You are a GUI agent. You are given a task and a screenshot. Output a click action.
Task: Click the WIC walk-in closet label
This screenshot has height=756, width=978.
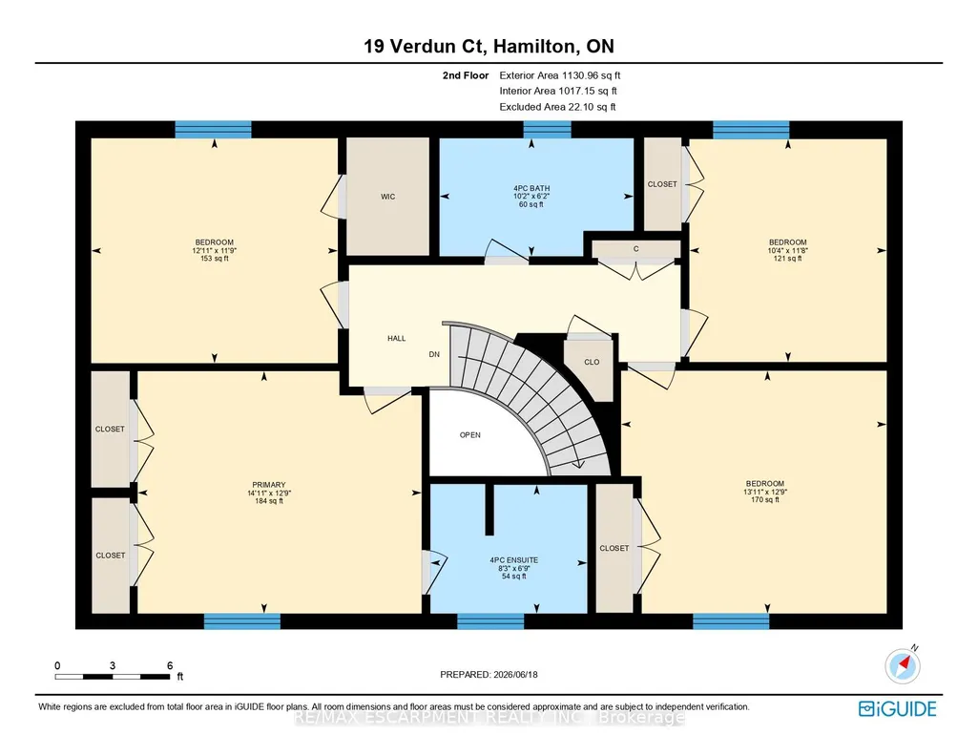click(388, 197)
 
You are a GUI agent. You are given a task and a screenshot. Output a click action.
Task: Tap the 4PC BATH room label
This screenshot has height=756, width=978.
click(531, 188)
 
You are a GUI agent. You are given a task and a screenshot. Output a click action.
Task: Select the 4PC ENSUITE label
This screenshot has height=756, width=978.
click(514, 560)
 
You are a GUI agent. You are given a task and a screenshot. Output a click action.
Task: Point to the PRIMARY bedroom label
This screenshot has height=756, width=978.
click(269, 485)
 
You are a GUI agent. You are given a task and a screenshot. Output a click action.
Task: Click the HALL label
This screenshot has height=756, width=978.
click(397, 339)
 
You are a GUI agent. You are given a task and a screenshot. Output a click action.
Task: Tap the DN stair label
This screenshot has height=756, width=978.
click(434, 354)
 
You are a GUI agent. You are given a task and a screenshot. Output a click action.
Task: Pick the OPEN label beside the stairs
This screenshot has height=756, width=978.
click(470, 435)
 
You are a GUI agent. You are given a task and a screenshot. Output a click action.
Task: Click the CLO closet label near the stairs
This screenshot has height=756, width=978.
click(592, 362)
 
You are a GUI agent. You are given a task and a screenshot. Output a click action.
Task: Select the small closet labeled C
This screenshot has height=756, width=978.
click(636, 249)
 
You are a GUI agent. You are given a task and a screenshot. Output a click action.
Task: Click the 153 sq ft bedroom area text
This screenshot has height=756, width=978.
click(215, 259)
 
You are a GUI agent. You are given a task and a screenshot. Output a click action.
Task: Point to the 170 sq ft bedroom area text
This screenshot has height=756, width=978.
click(765, 499)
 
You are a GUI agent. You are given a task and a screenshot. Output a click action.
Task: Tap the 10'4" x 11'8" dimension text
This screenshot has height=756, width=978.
click(788, 250)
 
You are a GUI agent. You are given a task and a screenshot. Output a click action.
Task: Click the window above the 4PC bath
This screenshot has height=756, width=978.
click(547, 129)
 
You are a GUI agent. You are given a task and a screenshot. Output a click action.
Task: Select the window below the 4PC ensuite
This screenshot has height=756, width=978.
click(490, 621)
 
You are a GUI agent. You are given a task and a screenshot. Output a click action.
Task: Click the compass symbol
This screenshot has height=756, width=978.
click(903, 665)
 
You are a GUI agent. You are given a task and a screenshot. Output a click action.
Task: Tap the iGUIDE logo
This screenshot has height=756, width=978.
click(898, 709)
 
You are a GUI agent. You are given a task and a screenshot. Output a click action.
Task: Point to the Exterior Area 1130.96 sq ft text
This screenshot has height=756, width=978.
click(560, 75)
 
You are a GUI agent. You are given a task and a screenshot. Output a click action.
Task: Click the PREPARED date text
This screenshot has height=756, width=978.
click(489, 674)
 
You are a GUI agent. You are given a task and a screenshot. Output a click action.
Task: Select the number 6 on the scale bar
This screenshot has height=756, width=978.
click(170, 665)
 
